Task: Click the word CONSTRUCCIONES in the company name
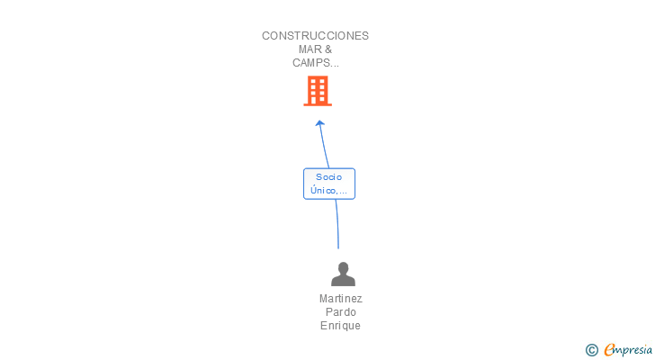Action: click(x=315, y=36)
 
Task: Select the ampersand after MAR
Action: click(x=327, y=49)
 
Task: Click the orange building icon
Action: click(x=317, y=90)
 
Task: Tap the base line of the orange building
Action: click(x=317, y=104)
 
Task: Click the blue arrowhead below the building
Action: click(x=319, y=123)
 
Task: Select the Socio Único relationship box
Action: click(x=329, y=184)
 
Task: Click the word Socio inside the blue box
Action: click(x=329, y=177)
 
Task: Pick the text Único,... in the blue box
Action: click(x=329, y=190)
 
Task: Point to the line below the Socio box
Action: click(x=337, y=223)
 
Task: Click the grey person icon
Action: click(x=343, y=274)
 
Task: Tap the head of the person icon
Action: click(x=343, y=267)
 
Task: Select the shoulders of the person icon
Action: click(x=343, y=280)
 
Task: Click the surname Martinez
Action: click(x=340, y=299)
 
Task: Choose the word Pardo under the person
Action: click(x=340, y=312)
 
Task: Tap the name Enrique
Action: click(x=340, y=326)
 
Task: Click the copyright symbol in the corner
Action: click(x=592, y=350)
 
